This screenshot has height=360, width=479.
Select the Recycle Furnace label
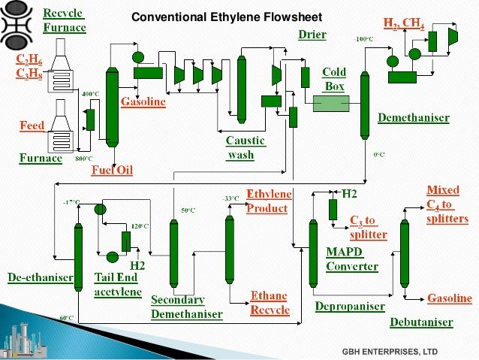tap(64, 21)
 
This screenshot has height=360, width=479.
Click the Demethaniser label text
tap(414, 118)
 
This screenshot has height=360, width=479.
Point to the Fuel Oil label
tap(112, 171)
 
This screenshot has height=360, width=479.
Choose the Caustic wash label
tap(245, 148)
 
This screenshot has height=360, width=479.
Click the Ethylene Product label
tap(269, 201)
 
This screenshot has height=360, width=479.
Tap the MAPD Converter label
tap(351, 259)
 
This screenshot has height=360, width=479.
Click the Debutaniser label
tap(421, 322)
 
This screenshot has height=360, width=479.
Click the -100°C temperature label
tap(364, 38)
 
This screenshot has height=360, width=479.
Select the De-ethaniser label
tap(41, 277)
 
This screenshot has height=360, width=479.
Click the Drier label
tap(312, 35)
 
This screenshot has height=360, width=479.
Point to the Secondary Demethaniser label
tap(186, 306)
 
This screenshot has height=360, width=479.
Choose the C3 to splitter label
tap(368, 227)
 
